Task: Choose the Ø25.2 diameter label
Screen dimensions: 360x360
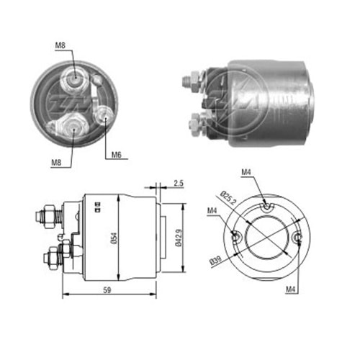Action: (228, 196)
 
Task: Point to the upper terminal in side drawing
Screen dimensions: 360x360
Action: (48, 214)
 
